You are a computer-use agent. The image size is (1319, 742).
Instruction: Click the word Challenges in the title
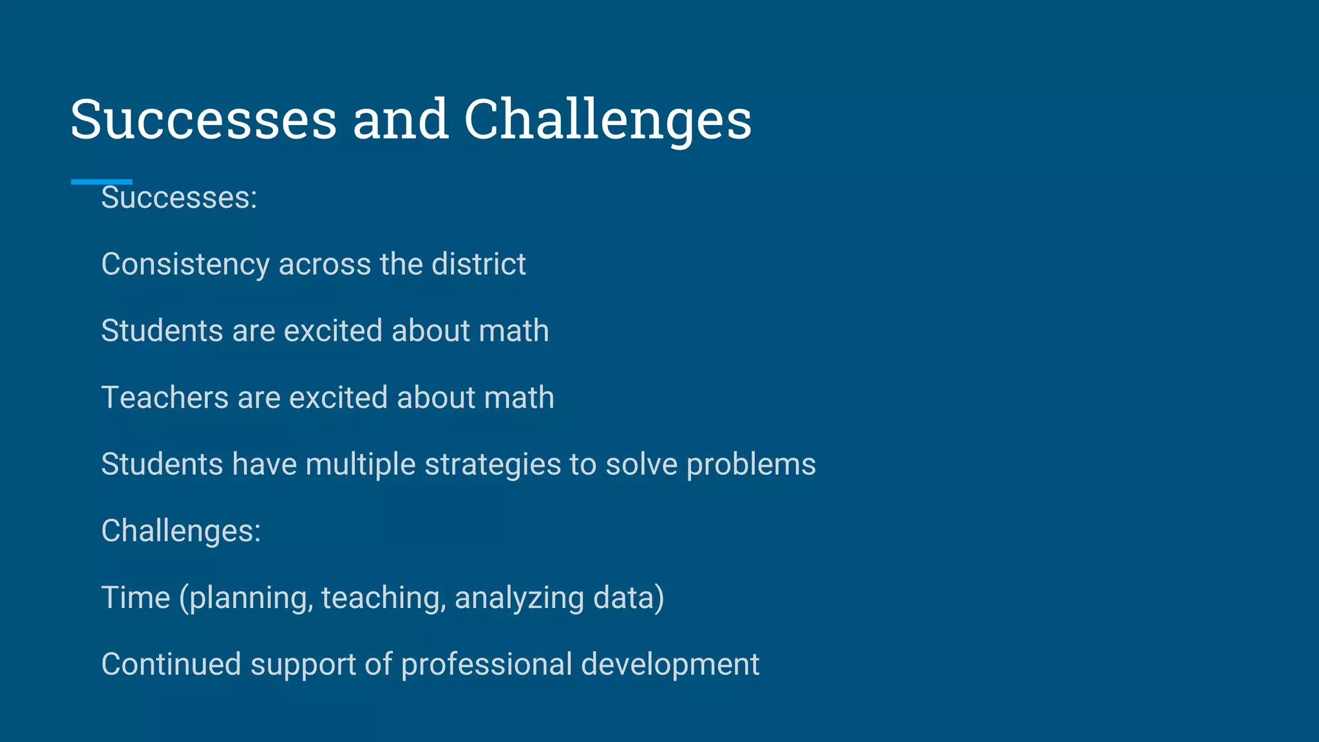coord(607,120)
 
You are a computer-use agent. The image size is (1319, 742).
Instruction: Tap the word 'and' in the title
coord(400,120)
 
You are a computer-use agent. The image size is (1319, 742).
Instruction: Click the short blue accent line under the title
coord(101,182)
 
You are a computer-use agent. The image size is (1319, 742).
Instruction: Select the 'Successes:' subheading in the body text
coord(179,198)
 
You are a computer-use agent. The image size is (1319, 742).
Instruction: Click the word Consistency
coord(185,265)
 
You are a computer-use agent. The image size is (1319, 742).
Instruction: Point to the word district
coord(479,264)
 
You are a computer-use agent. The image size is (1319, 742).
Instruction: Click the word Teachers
coord(165,397)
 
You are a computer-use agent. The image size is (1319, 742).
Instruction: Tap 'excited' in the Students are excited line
coord(333,331)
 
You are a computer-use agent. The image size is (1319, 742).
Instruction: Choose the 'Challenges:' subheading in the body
coord(181,531)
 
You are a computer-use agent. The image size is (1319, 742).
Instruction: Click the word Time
coord(135,598)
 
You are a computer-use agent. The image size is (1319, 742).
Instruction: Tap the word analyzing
coord(519,598)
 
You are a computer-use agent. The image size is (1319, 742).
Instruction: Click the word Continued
coord(171,664)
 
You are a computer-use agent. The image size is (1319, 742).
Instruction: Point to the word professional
coord(486,665)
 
